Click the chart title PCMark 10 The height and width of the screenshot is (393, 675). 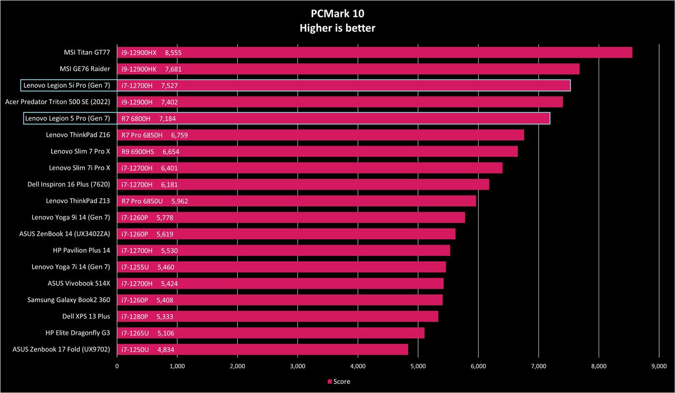[337, 14]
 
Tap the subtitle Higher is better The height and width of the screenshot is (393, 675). [337, 28]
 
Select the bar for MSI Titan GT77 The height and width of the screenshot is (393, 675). [374, 52]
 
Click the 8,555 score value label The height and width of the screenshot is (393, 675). [173, 53]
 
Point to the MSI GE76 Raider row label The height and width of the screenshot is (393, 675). [85, 69]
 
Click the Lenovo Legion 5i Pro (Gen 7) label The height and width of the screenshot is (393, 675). [66, 85]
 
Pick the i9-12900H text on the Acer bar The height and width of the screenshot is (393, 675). [137, 102]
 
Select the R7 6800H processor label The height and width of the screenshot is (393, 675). [136, 119]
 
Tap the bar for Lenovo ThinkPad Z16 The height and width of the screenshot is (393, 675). [321, 135]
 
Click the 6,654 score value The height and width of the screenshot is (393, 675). [171, 152]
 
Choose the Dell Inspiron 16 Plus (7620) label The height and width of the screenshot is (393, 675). [69, 184]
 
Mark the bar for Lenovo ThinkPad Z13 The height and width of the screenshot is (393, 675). [296, 201]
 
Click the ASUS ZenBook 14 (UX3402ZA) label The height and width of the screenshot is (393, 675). [64, 234]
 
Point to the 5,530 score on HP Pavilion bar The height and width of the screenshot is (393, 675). [169, 251]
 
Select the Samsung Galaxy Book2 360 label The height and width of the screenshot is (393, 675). [69, 300]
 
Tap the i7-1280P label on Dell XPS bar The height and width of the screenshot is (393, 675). [134, 317]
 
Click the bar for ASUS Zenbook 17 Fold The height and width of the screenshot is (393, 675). [263, 349]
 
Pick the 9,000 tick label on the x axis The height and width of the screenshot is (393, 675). [659, 366]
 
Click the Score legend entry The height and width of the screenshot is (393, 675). [339, 381]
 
